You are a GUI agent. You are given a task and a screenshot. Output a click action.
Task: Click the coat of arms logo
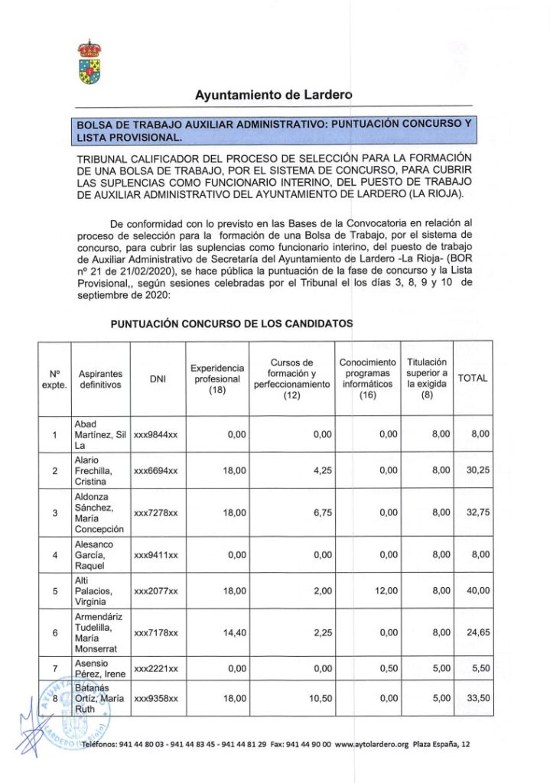click(x=89, y=63)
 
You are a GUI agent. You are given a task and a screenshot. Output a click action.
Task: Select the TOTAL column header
click(x=472, y=379)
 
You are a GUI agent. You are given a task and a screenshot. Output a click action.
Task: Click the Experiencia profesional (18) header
click(x=218, y=379)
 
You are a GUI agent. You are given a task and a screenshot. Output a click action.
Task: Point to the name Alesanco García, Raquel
click(x=93, y=554)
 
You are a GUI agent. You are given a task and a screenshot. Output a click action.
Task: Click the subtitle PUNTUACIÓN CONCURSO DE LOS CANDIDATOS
click(x=232, y=323)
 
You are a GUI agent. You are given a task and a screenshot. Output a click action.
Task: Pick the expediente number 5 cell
click(x=55, y=590)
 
